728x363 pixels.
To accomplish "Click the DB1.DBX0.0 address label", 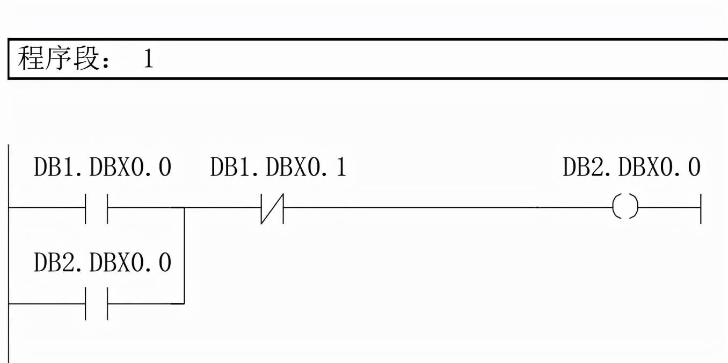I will coord(103,168).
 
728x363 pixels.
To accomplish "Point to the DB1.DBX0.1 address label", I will coord(278,168).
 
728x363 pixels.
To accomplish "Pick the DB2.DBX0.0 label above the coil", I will coord(631,168).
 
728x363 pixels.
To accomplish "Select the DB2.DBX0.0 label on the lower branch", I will coord(103,263).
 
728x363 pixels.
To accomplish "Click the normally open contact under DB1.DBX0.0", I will coord(97,207).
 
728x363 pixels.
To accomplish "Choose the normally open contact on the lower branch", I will coord(97,303).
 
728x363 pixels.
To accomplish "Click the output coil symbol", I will coord(625,207).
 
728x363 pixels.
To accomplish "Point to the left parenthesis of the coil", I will coord(615,207).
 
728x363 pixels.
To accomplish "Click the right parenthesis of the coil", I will coord(635,207).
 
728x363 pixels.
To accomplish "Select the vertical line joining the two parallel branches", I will coord(184,255).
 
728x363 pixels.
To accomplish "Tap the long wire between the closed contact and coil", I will coord(408,207).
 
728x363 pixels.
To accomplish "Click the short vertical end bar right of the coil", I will coord(701,207).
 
